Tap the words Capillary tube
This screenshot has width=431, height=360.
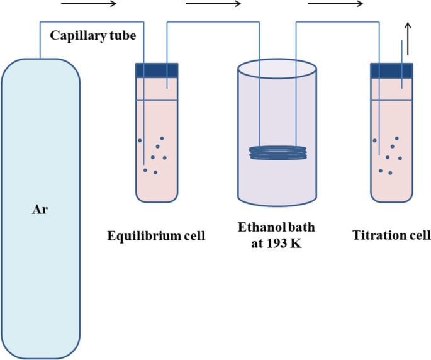click(93, 35)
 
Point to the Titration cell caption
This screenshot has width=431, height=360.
click(391, 235)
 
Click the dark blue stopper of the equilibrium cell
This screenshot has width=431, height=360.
click(157, 70)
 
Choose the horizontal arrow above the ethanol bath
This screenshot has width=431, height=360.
click(214, 4)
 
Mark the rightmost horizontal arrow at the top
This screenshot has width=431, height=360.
click(335, 4)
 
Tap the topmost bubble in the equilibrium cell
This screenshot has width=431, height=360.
click(162, 138)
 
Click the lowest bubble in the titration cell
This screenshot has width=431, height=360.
click(391, 172)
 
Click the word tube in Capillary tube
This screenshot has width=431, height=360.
click(123, 35)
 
